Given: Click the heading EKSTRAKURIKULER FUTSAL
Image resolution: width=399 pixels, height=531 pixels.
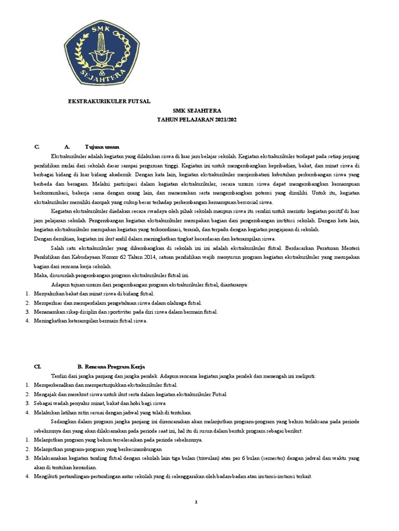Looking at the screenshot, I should tap(110, 102).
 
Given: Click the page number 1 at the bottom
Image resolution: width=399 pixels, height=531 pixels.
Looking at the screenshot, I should tap(196, 502).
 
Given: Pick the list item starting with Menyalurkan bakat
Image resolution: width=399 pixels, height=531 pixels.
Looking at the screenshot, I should tap(94, 294).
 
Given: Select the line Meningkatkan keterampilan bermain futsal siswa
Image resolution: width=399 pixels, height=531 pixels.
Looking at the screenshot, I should tap(90, 321).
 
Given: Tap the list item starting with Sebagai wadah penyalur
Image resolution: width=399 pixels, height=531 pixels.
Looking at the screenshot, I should tap(99, 403).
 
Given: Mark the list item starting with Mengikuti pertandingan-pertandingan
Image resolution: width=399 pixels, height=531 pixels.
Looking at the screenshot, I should tap(172, 477).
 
